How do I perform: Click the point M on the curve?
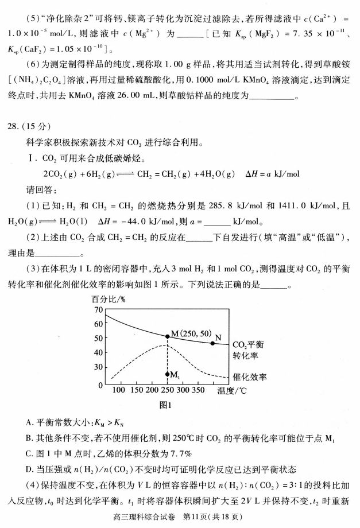click(x=167, y=336)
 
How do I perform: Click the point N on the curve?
click(x=212, y=343)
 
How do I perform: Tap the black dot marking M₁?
click(x=167, y=374)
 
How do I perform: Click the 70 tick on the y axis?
click(x=98, y=310)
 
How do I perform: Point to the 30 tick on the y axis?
click(x=98, y=367)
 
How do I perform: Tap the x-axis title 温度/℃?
click(x=233, y=392)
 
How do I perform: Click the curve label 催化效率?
click(x=250, y=377)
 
